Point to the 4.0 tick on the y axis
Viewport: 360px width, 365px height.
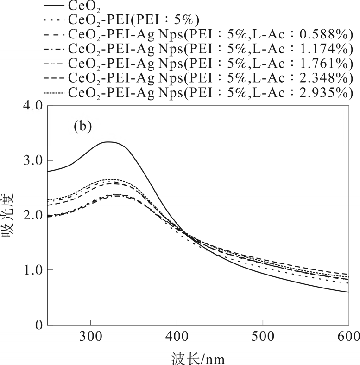[33, 106]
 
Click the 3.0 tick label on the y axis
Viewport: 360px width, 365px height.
[33, 160]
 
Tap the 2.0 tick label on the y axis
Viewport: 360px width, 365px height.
[33, 215]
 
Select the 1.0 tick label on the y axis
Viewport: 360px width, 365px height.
[33, 270]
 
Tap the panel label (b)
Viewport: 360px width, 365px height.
[83, 126]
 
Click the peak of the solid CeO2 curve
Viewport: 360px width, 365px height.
[108, 142]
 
